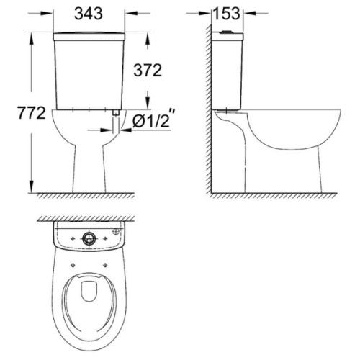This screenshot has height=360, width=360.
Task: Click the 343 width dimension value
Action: coord(89,14)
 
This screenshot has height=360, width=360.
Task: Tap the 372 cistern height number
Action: coord(148,71)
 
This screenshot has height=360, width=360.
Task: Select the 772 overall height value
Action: coord(32,113)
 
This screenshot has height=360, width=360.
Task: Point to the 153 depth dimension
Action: coord(227,14)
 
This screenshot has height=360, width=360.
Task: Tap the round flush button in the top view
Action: coord(89,238)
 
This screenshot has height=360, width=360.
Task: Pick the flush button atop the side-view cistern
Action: coord(227,32)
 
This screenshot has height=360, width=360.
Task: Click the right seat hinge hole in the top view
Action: coord(105,265)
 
